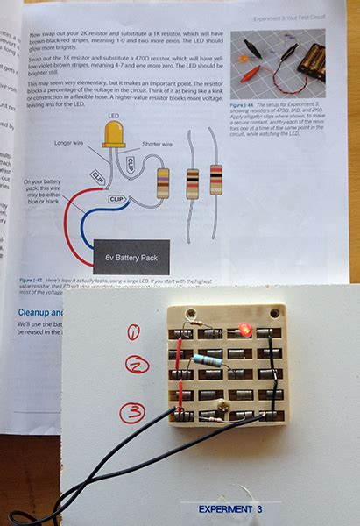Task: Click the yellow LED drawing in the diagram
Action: click(114, 134)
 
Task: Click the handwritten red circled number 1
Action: click(134, 332)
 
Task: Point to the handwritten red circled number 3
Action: click(131, 411)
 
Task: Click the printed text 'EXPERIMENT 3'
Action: click(230, 508)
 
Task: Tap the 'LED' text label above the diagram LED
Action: click(113, 115)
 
